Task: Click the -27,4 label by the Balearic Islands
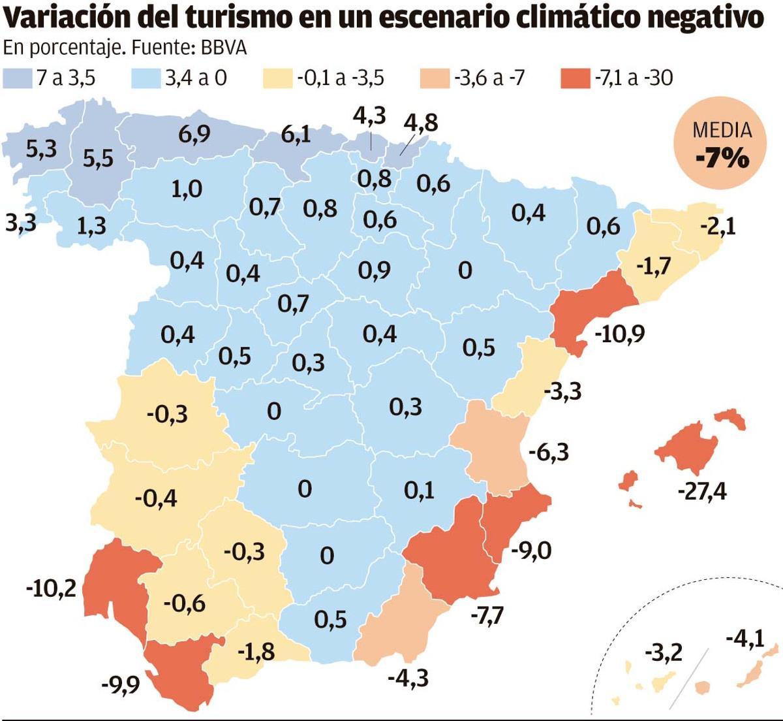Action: click(x=701, y=490)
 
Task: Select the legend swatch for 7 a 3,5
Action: click(x=18, y=78)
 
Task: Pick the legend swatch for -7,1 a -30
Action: click(x=574, y=78)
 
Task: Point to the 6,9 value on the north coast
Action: click(x=194, y=135)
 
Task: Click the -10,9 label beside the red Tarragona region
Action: click(x=619, y=334)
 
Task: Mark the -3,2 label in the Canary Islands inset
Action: click(x=663, y=651)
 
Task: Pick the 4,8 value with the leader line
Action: click(x=421, y=123)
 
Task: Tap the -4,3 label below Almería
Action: click(x=408, y=677)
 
